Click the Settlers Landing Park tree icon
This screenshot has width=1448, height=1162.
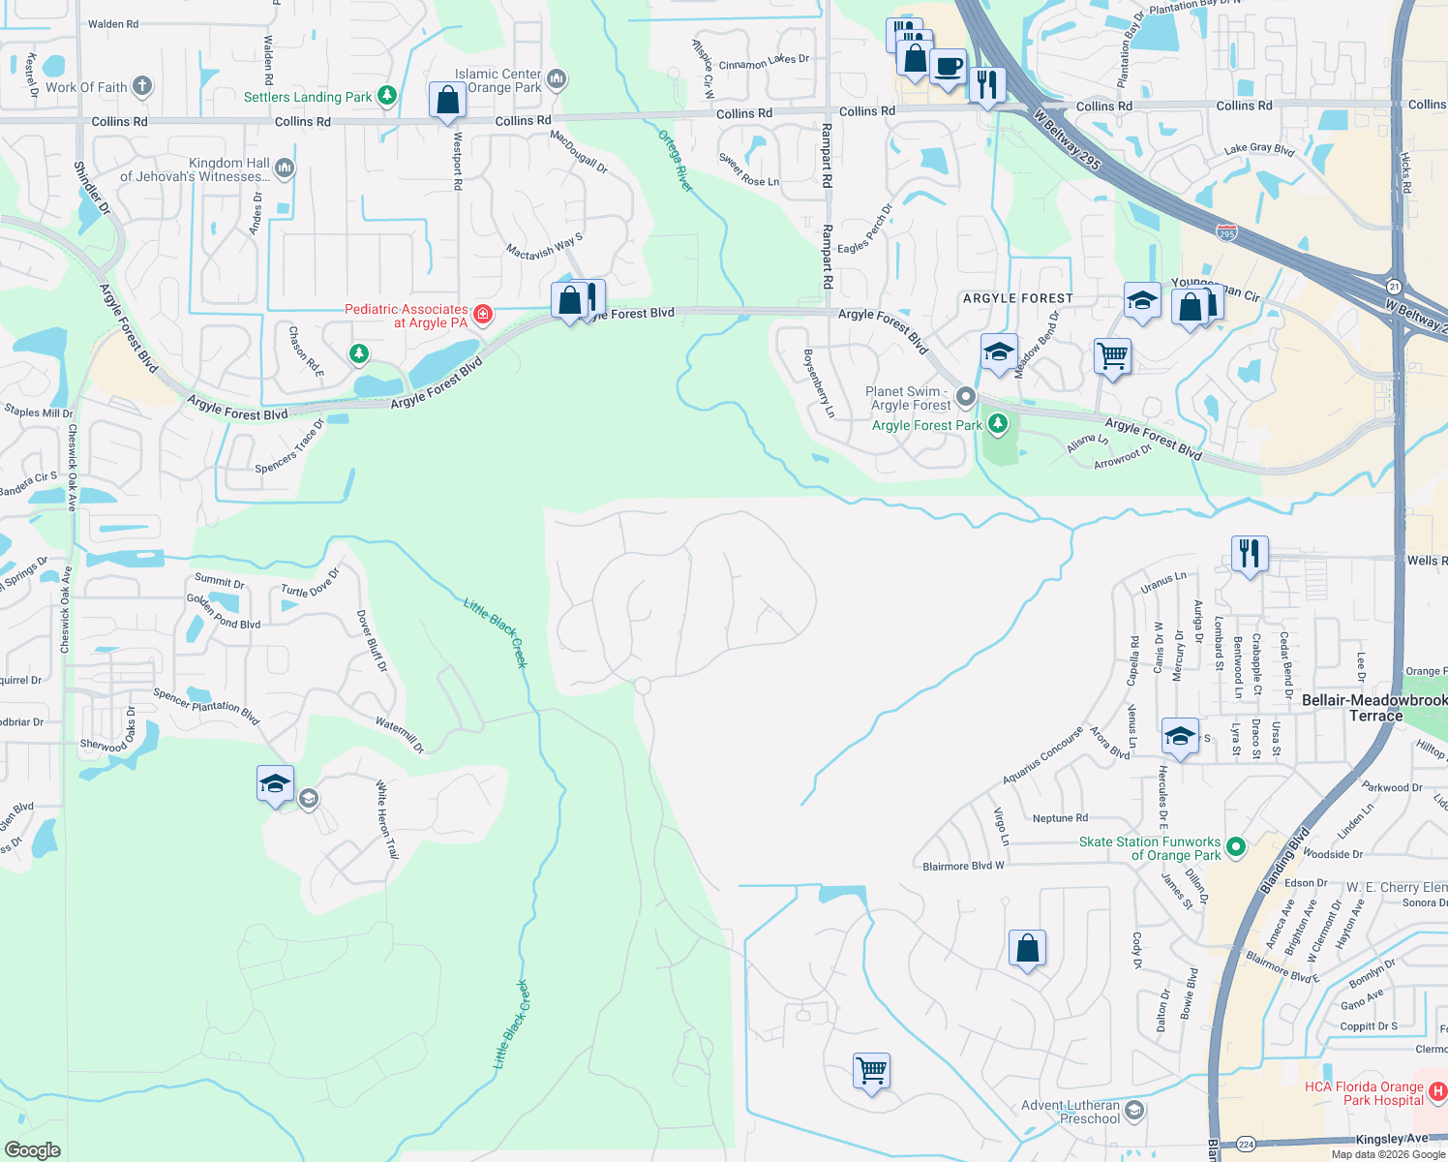pos(387,95)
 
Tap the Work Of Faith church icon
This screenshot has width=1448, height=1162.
pos(142,86)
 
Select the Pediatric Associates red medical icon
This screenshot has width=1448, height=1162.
pos(482,314)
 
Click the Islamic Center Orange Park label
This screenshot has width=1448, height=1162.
pos(498,80)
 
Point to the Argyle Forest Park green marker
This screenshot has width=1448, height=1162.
pos(998,424)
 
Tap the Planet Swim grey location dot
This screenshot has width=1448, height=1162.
pos(965,396)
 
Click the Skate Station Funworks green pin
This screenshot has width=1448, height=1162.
pos(1236,847)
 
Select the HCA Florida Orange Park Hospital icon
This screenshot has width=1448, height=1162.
pos(1436,1091)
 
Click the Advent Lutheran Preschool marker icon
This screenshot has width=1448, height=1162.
pos(1135,1110)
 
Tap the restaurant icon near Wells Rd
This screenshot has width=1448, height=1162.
pos(1250,554)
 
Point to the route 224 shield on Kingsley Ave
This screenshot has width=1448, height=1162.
pos(1247,1144)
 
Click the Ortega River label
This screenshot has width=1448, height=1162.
pos(676,161)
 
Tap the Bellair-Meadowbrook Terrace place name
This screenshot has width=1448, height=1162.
pos(1374,707)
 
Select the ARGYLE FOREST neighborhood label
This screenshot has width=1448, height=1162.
pos(1017,298)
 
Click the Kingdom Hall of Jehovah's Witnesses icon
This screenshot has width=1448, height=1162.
pos(284,168)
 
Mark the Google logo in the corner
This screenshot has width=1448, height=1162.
pos(32,1149)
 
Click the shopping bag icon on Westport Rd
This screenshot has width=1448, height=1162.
pos(447,100)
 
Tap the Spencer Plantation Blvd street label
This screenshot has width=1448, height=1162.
pos(206,706)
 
